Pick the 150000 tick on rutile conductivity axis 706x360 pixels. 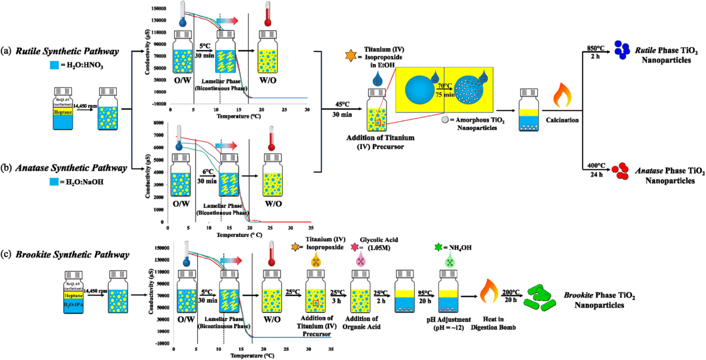pyautogui.click(x=157, y=9)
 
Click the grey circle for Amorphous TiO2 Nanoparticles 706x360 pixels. pyautogui.click(x=444, y=120)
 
